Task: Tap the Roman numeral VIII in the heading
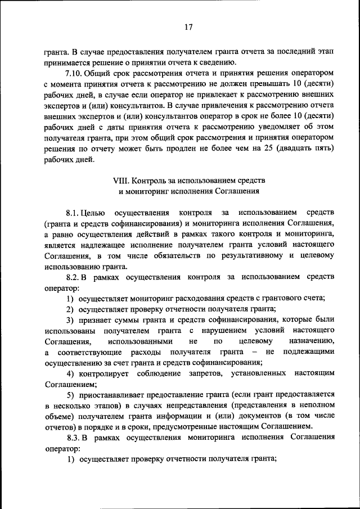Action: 121,180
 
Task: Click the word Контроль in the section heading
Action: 148,180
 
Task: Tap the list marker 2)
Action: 70,309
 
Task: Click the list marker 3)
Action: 70,319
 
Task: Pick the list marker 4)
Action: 70,373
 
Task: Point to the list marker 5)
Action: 70,394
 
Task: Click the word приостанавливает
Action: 113,394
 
